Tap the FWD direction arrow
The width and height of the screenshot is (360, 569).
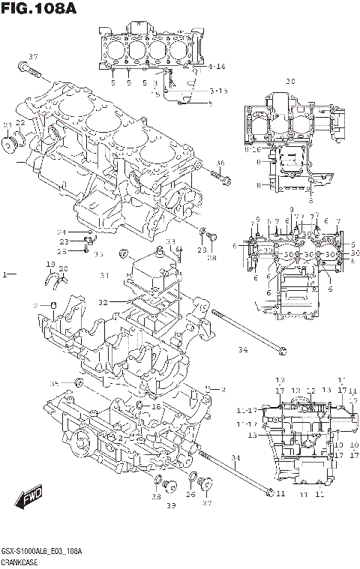point(28,497)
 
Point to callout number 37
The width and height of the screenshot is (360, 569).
point(32,58)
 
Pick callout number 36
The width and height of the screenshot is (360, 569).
point(220,163)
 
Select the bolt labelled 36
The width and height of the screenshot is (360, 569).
point(220,178)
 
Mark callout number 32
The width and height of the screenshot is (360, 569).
point(103,302)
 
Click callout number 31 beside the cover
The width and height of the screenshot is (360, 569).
point(104,276)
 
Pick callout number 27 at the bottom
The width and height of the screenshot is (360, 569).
point(207,503)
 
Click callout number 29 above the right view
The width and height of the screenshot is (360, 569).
point(290,80)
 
